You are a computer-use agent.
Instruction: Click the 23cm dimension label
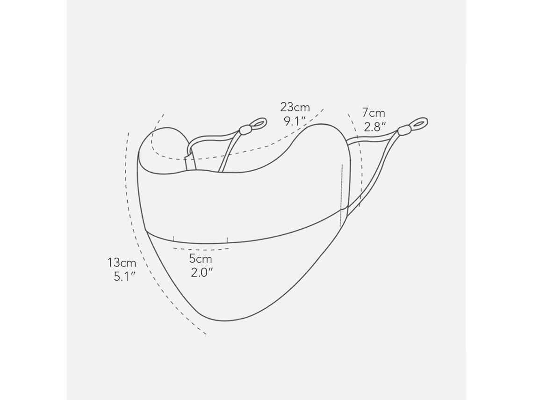pos(295,107)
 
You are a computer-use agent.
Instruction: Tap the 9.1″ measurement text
pos(295,121)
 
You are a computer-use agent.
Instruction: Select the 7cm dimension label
pos(374,112)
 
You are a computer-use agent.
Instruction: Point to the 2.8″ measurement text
pos(375,127)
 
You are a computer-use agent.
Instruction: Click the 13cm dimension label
pos(122,262)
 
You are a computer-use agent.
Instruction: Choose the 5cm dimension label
pos(201,259)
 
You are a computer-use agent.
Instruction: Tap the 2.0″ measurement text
pos(202,273)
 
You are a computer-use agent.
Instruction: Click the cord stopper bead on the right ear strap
pos(404,130)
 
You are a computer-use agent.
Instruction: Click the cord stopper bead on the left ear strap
pos(245,130)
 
